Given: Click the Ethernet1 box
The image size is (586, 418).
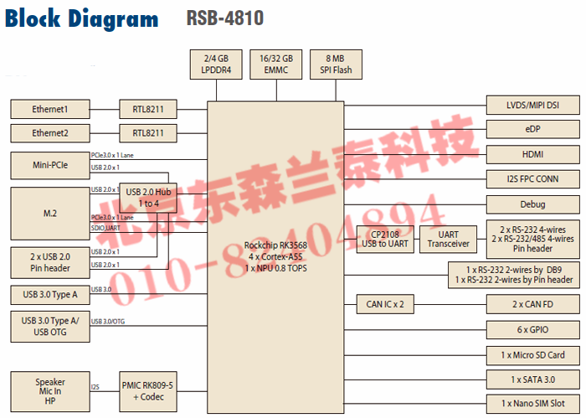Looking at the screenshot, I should [x=49, y=109].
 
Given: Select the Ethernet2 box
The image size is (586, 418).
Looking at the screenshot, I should [x=49, y=133].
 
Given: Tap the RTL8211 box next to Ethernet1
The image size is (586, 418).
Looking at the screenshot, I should [x=148, y=109].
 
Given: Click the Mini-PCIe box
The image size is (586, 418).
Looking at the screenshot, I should [x=49, y=166].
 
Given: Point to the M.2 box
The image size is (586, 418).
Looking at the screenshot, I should [x=49, y=214].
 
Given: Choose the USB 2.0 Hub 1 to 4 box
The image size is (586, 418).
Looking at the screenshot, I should [x=148, y=198].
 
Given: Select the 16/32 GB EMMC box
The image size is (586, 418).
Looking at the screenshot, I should [x=276, y=65].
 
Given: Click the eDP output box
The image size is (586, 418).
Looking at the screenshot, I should [x=532, y=129].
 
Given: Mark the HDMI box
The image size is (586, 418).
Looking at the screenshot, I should [x=532, y=154].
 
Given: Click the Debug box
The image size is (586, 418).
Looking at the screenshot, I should [x=532, y=204].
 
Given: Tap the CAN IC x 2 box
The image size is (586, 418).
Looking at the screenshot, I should [x=386, y=304].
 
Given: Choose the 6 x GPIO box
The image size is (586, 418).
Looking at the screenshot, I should [x=532, y=329].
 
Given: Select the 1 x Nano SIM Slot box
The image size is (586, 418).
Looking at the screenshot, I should [x=532, y=403].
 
